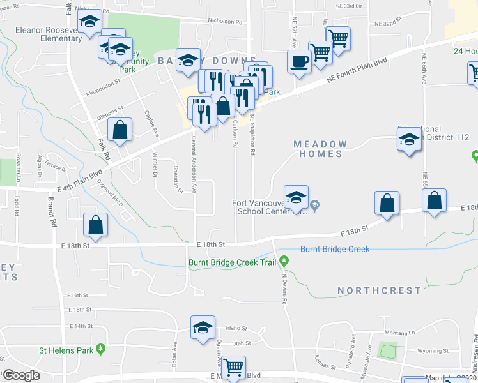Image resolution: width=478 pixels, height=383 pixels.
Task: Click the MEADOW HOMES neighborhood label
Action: (x=320, y=149)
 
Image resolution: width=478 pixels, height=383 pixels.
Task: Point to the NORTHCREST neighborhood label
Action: (x=380, y=290)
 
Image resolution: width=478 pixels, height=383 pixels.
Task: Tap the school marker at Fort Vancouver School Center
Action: (x=296, y=198)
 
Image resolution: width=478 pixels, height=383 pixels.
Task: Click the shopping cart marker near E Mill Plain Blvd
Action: (x=233, y=367)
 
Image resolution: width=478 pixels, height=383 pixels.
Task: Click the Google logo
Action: (x=21, y=375)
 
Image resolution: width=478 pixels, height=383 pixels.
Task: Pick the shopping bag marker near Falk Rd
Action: (x=119, y=130)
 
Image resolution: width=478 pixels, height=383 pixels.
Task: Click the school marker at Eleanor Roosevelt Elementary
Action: (x=89, y=22)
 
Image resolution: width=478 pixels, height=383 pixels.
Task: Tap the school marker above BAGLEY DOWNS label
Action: (x=188, y=60)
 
